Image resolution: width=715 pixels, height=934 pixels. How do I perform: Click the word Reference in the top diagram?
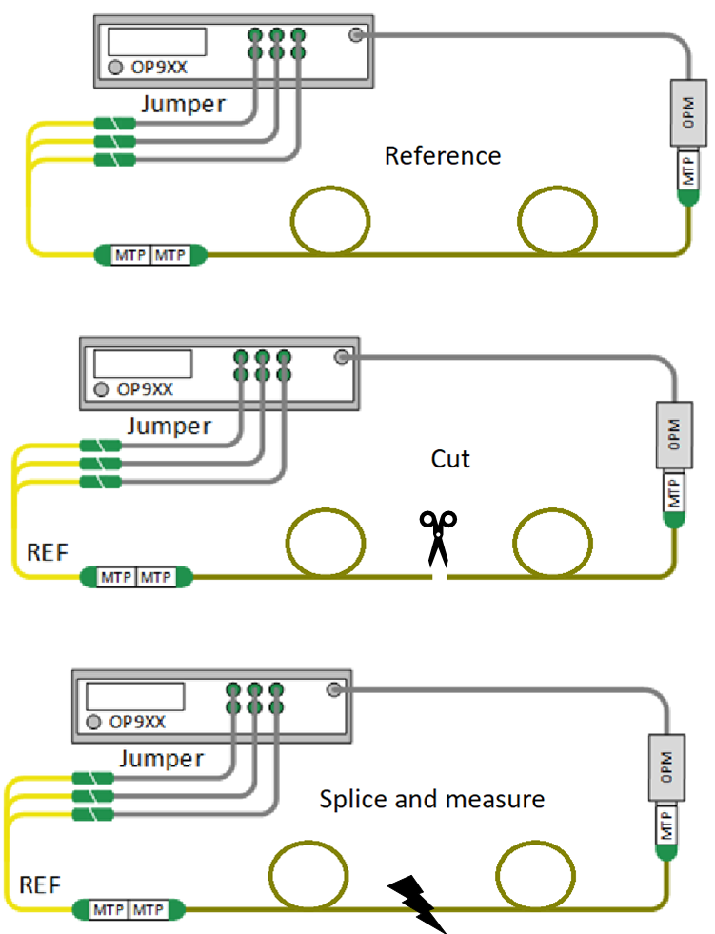click(442, 155)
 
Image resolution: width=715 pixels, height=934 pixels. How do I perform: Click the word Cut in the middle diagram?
click(450, 459)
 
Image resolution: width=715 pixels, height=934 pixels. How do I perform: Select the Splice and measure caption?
click(431, 798)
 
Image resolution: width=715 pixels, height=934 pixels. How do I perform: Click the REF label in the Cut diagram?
click(45, 551)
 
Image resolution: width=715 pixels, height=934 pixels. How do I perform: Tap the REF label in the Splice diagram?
click(40, 884)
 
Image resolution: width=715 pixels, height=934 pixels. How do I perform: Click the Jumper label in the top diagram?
click(184, 104)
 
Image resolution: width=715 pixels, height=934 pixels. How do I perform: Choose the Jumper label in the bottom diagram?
click(161, 759)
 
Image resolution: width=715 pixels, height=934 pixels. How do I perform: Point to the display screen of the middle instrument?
click(143, 364)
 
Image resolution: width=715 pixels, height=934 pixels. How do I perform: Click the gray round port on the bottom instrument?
click(333, 690)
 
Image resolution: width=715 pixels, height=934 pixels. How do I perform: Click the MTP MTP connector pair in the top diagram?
click(150, 254)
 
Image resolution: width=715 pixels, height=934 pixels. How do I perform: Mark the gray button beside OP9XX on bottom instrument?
click(93, 722)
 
